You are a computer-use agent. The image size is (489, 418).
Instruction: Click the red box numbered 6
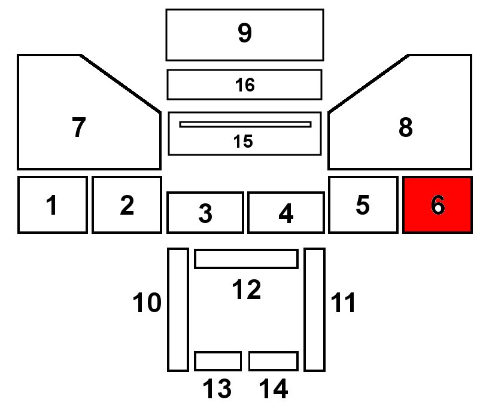(x=438, y=205)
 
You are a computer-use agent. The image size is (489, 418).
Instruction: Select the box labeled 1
(x=53, y=205)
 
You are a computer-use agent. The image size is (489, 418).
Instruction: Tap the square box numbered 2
(x=126, y=205)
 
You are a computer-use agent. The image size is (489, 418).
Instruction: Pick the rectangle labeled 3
(x=205, y=212)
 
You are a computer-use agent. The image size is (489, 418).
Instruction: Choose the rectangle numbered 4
(x=286, y=212)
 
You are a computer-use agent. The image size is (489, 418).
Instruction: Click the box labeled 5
(x=363, y=205)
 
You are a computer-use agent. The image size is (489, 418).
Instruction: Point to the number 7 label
(x=79, y=127)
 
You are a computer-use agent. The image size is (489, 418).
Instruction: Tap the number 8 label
(x=405, y=127)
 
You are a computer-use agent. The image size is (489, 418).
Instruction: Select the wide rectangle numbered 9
(x=245, y=35)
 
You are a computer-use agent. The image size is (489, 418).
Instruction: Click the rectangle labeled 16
(x=245, y=84)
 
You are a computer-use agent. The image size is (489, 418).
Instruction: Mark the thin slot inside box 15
(x=245, y=124)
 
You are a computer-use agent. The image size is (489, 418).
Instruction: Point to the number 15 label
(x=243, y=142)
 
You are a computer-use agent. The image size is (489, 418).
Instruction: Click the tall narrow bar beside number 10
(x=178, y=309)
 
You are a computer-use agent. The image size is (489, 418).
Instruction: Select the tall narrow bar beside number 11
(x=314, y=309)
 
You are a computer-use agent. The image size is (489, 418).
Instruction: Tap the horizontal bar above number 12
(x=246, y=259)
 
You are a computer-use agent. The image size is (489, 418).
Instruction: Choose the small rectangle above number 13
(x=218, y=361)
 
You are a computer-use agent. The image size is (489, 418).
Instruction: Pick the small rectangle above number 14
(x=274, y=361)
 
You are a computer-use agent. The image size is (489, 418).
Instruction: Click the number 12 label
(x=246, y=290)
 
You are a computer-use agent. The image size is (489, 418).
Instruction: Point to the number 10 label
(x=147, y=303)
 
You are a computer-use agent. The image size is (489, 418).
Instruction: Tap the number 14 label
(x=274, y=389)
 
